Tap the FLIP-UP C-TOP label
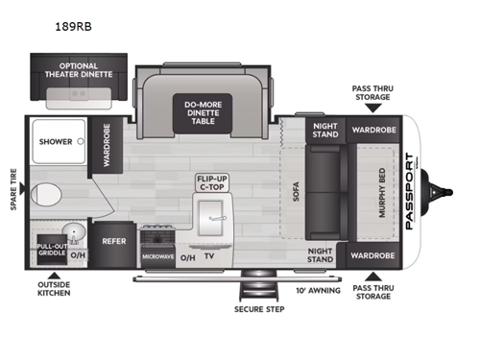pos(213,184)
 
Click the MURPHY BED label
pos(381,192)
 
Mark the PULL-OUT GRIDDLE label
pos(52,249)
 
